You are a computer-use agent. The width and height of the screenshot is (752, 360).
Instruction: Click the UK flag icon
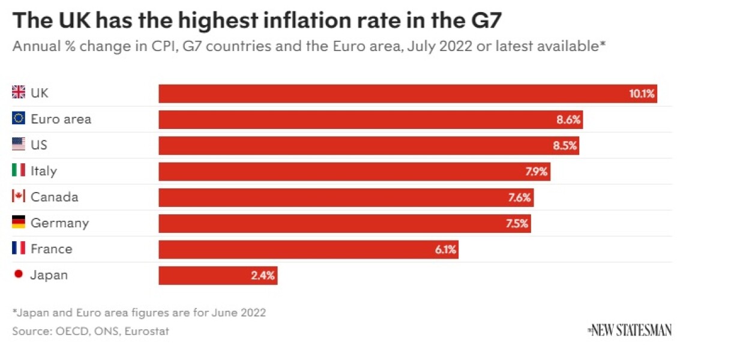[19, 92]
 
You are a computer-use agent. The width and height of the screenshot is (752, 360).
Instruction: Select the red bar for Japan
[218, 275]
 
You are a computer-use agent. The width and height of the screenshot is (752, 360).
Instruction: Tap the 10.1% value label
[642, 94]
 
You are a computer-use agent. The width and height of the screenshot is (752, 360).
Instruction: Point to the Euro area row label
[61, 119]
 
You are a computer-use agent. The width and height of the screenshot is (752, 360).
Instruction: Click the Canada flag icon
[19, 196]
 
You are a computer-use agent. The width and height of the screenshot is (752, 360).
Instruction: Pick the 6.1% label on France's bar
[445, 250]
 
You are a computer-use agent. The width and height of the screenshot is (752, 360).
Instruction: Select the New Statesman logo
[630, 329]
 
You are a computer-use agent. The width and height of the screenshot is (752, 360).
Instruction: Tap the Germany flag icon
[19, 223]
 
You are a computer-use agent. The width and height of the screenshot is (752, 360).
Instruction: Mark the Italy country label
[44, 171]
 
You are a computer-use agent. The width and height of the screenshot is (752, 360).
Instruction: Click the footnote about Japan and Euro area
[139, 313]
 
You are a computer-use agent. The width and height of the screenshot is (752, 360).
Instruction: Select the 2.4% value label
[263, 275]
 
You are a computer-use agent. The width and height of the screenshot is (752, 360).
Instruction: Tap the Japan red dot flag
[19, 274]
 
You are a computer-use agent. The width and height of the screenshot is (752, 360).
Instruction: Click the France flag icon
[19, 248]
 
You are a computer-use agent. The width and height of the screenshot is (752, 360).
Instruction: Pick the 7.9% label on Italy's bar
[537, 172]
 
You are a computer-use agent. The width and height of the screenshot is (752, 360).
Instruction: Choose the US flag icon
[19, 145]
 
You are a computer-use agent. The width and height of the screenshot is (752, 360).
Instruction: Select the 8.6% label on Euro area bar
[568, 119]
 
